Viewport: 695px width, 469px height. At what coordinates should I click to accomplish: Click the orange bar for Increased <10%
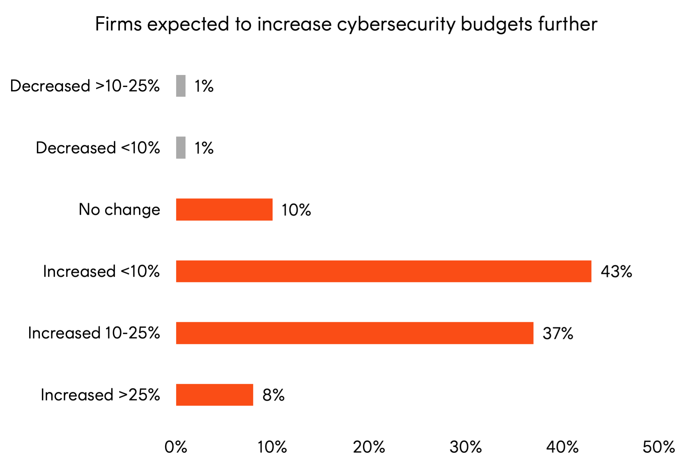(x=384, y=271)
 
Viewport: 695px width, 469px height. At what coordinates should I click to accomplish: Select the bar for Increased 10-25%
(x=355, y=333)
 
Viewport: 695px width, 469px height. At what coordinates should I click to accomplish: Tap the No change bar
(x=224, y=209)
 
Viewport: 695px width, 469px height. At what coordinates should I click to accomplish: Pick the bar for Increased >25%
(x=215, y=395)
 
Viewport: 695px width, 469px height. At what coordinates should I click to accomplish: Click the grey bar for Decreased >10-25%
(x=181, y=86)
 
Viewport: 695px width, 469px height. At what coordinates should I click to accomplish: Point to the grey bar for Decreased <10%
(x=181, y=148)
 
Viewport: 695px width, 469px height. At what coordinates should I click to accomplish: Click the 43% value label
(x=616, y=271)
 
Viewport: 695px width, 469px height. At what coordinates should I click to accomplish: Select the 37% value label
(x=558, y=333)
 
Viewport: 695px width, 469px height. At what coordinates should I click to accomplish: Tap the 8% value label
(x=273, y=395)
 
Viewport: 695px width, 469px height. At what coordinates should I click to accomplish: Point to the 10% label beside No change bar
(x=296, y=210)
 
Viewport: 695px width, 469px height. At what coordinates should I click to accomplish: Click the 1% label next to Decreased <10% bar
(x=204, y=148)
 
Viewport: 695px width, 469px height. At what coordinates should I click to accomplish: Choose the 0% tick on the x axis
(x=176, y=447)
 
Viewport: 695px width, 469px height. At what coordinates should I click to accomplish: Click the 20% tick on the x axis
(x=369, y=447)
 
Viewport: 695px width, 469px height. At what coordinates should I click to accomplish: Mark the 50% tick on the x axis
(x=659, y=447)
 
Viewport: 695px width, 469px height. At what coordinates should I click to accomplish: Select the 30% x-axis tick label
(x=465, y=447)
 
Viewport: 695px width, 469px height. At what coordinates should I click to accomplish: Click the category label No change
(x=120, y=210)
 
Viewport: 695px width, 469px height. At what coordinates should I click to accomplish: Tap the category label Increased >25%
(x=100, y=395)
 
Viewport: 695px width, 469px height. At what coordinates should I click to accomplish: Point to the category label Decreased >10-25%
(x=85, y=86)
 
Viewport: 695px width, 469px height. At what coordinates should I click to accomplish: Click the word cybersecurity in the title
(x=396, y=24)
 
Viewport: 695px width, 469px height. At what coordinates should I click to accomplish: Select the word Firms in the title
(x=119, y=24)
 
